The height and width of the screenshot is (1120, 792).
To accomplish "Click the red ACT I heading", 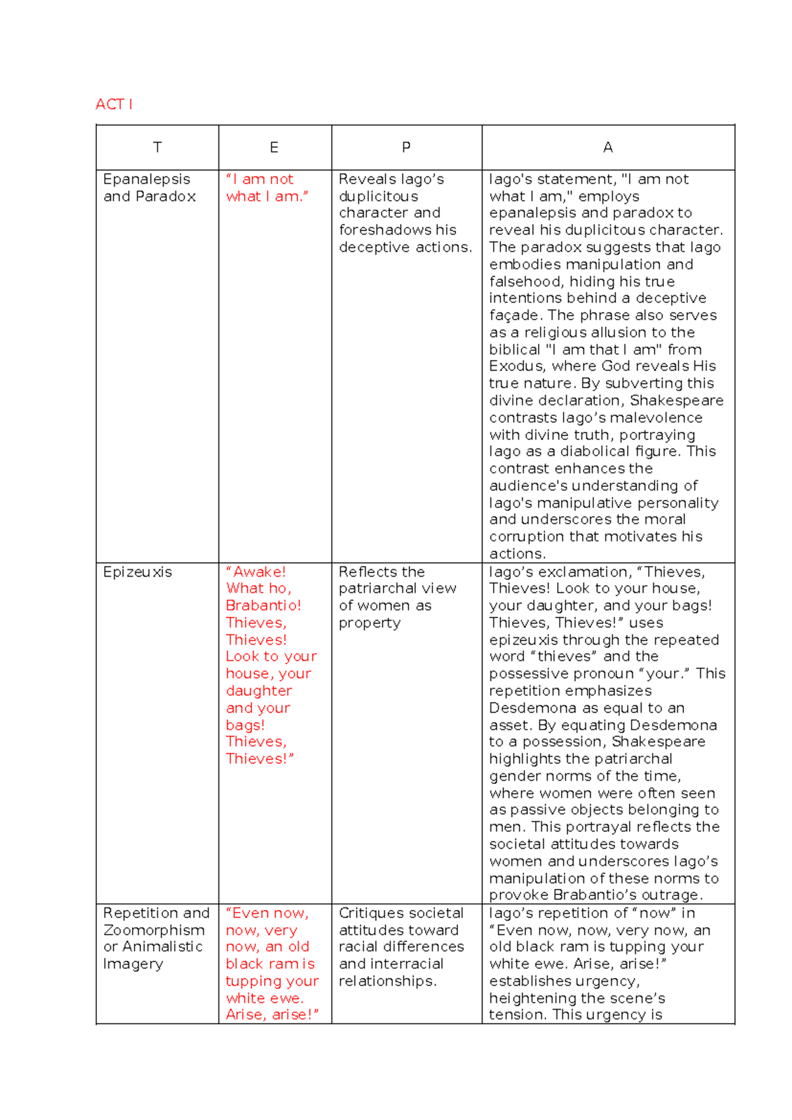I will click(114, 104).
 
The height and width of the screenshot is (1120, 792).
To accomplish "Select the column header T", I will click(157, 147).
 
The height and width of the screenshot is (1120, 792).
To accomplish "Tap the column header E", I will click(274, 147).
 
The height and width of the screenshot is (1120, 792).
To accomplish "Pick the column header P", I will click(406, 147).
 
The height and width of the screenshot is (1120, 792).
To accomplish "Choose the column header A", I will click(608, 147).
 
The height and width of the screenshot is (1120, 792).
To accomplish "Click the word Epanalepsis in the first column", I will click(147, 180).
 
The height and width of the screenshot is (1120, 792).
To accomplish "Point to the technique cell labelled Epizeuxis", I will click(137, 572).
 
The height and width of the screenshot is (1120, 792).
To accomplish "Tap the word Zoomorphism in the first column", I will click(154, 930).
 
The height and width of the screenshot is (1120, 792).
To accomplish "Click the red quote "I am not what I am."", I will click(266, 188).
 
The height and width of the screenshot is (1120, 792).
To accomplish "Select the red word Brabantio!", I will click(263, 606).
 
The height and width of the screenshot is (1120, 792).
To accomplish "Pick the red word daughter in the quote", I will click(259, 691).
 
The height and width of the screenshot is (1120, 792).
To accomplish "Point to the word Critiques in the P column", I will click(372, 913).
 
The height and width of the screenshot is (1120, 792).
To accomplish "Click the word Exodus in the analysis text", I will click(516, 367).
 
